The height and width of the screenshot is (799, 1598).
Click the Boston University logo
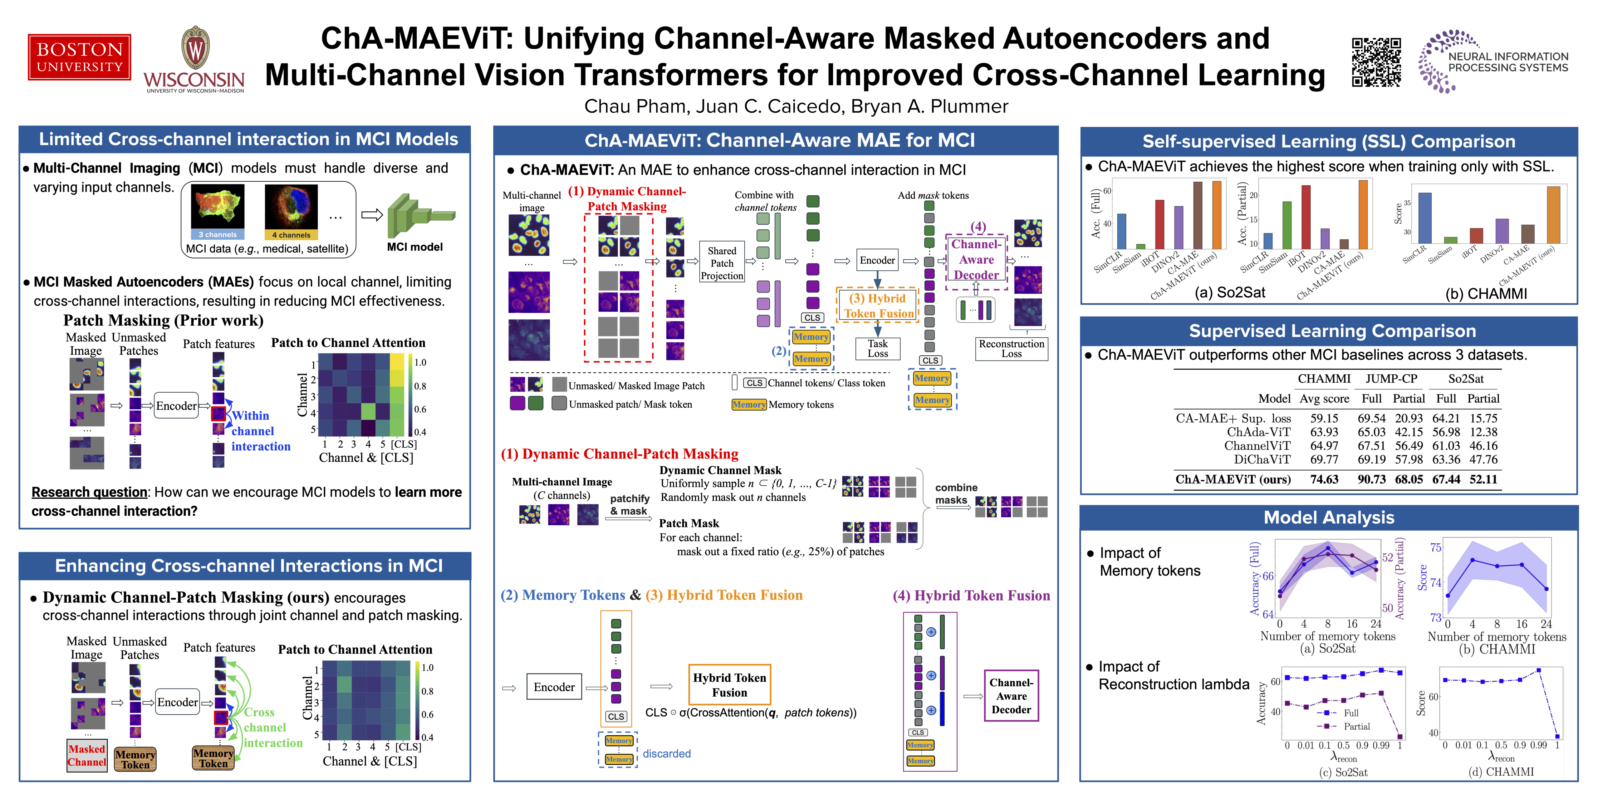pyautogui.click(x=79, y=57)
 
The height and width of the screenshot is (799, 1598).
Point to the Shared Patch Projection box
pyautogui.click(x=722, y=263)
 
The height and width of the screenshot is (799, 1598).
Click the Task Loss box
pyautogui.click(x=877, y=349)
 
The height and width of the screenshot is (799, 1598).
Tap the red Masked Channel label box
pyautogui.click(x=87, y=756)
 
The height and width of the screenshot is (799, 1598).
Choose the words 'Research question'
pyautogui.click(x=89, y=492)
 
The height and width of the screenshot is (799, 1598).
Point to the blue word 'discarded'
pyautogui.click(x=666, y=754)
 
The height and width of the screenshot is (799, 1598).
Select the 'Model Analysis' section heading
pyautogui.click(x=1329, y=517)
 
